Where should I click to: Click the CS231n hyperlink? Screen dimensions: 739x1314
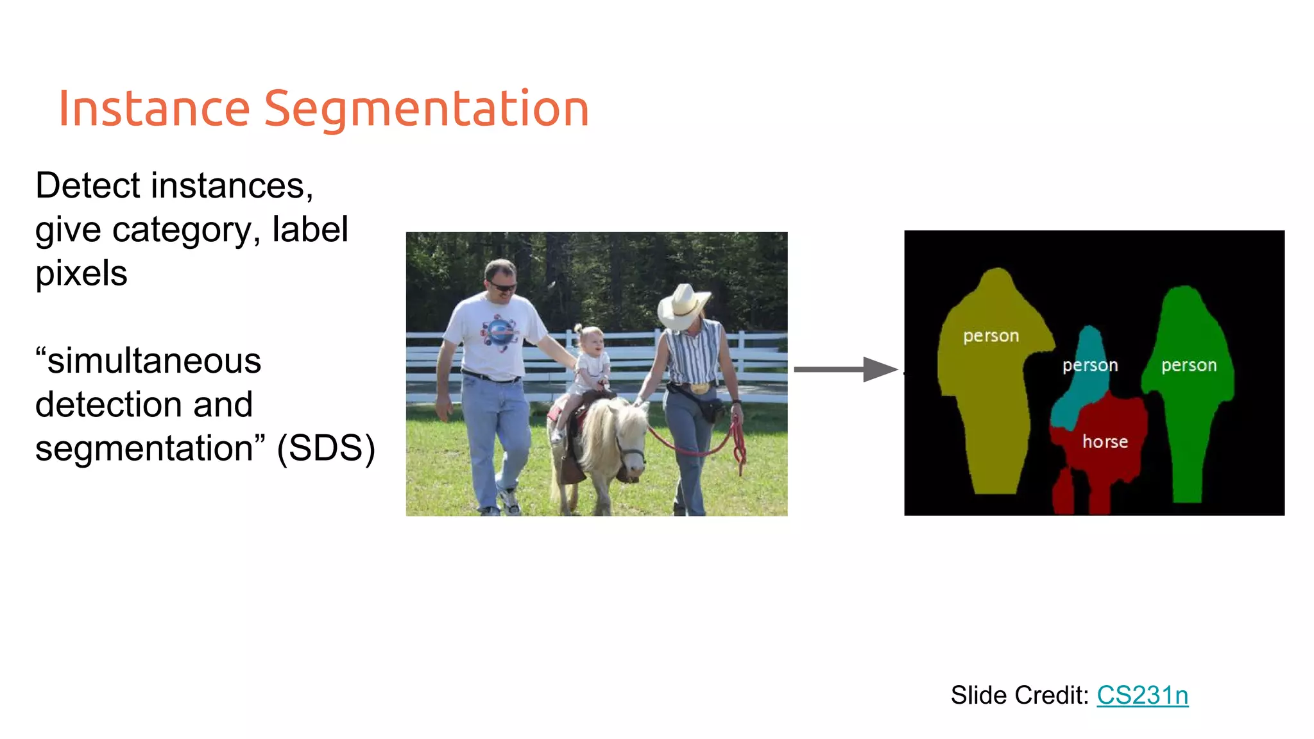pos(1142,695)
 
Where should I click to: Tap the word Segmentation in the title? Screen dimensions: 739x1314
pos(426,108)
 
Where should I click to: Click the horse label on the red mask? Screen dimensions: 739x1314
pos(1105,441)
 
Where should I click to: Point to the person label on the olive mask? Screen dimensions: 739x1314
pos(991,336)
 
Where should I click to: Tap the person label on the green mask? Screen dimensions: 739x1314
pos(1189,365)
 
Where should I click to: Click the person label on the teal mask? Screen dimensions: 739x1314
pos(1090,365)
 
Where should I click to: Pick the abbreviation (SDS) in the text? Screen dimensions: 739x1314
pos(326,448)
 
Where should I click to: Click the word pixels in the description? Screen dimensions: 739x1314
pos(81,274)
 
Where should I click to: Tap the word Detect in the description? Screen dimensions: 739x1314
pos(89,186)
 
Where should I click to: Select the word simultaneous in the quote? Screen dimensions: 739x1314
pos(154,361)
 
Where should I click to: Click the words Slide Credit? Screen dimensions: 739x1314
pos(1020,695)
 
